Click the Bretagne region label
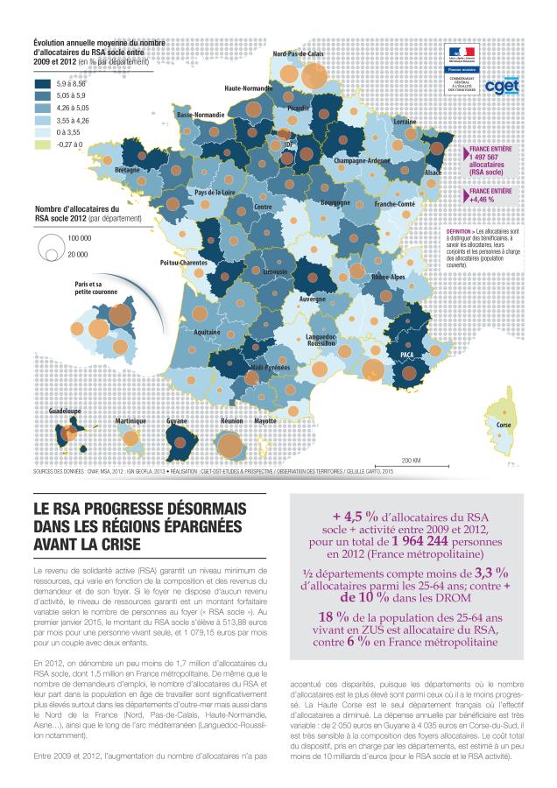point(127,170)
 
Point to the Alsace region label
point(433,173)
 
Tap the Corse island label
point(504,426)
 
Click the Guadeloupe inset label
point(65,410)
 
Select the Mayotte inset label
point(265,421)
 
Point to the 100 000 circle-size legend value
point(80,238)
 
